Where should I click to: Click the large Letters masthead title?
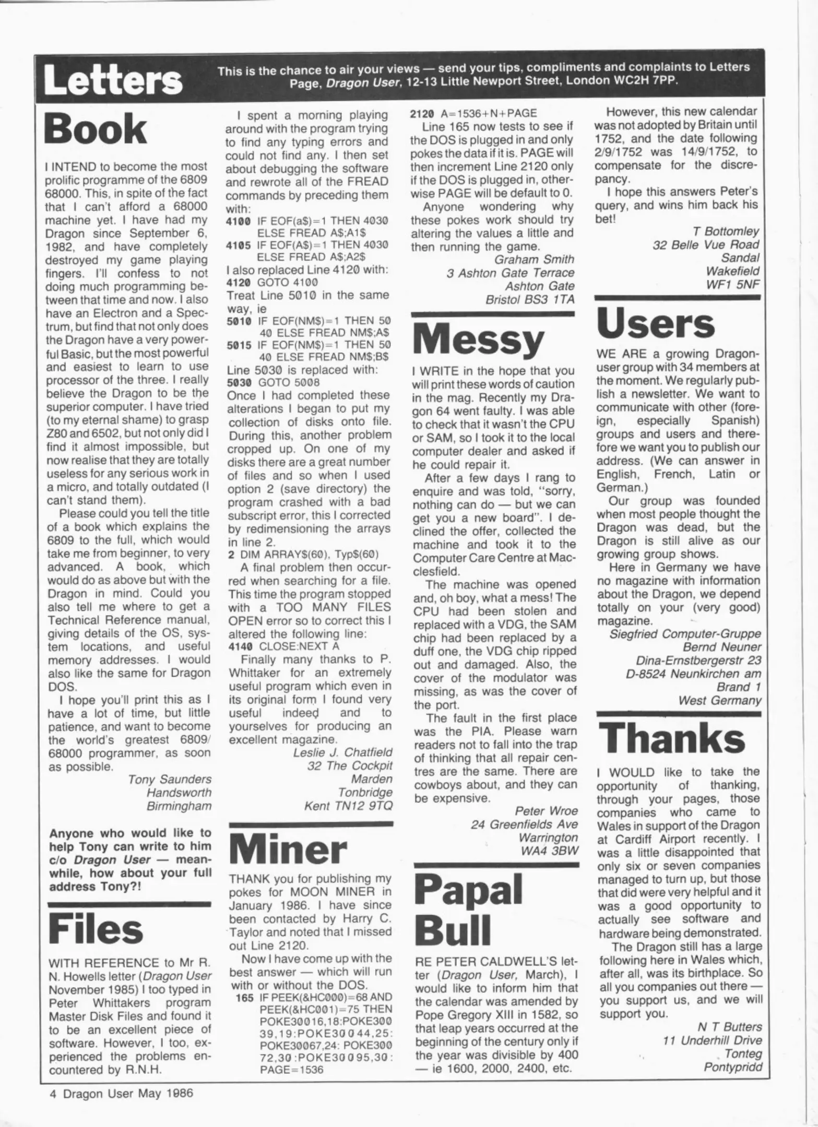coord(113,81)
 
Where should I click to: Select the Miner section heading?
coord(288,850)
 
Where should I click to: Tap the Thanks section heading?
coord(672,738)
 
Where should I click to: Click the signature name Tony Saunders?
coord(170,780)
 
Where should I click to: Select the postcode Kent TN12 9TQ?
coord(348,806)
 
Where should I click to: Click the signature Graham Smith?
coord(534,259)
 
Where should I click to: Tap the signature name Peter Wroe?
coord(546,811)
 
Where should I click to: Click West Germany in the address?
coord(719,701)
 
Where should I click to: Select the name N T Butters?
coord(729,1027)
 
